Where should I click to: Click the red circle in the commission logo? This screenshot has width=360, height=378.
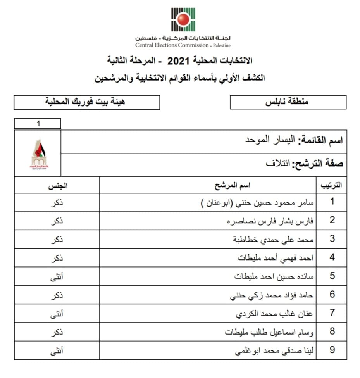183,19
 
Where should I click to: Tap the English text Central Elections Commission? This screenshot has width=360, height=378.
171,45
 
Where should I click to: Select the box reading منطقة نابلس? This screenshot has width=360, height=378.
288,102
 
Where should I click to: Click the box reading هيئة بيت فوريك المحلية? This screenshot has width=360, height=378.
86,102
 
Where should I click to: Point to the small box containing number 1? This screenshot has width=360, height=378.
38,124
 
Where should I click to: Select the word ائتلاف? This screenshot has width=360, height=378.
277,163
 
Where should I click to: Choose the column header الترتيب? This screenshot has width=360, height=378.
331,185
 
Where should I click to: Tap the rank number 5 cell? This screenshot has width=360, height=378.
332,276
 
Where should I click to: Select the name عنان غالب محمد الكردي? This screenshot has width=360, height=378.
275,314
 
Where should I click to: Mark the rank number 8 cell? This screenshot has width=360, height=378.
332,332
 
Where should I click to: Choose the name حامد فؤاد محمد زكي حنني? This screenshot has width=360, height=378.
272,295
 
